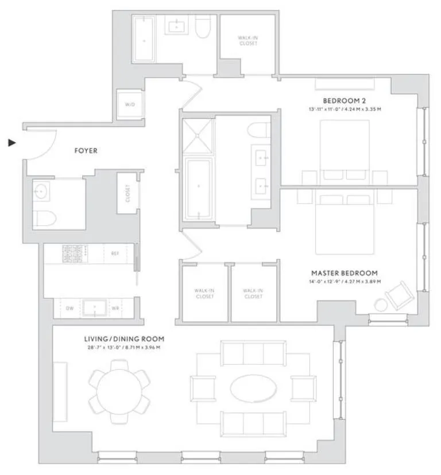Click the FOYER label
pyautogui.click(x=86, y=151)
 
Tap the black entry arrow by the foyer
pyautogui.click(x=12, y=142)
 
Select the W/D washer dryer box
pyautogui.click(x=129, y=105)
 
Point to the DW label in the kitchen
pyautogui.click(x=69, y=309)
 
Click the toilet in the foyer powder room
pyautogui.click(x=44, y=217)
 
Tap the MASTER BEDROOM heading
pyautogui.click(x=344, y=273)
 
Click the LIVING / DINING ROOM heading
pyautogui.click(x=122, y=338)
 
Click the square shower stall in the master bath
pyautogui.click(x=198, y=137)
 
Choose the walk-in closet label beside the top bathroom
pyautogui.click(x=247, y=41)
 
